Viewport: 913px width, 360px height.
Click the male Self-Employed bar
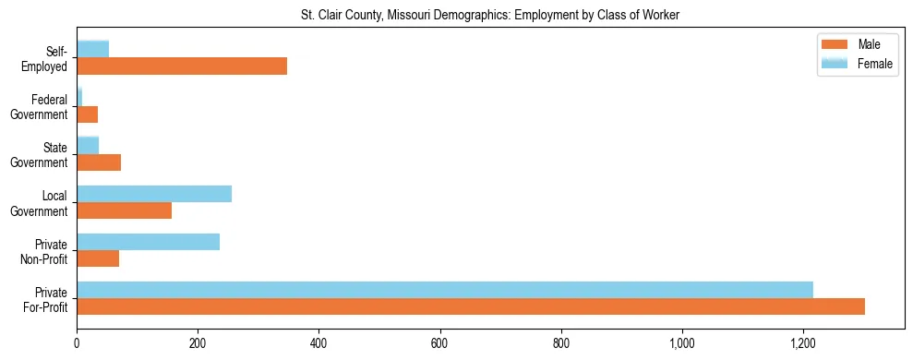[x=182, y=66]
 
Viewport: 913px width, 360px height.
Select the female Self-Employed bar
[x=93, y=49]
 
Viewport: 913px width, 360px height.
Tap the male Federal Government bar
[x=88, y=114]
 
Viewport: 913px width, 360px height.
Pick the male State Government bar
[x=99, y=162]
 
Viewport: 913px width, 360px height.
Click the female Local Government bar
[x=154, y=193]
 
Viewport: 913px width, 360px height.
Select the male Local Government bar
[x=125, y=210]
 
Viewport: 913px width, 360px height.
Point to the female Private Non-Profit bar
[x=149, y=242]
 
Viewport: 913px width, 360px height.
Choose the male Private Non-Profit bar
[x=98, y=258]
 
